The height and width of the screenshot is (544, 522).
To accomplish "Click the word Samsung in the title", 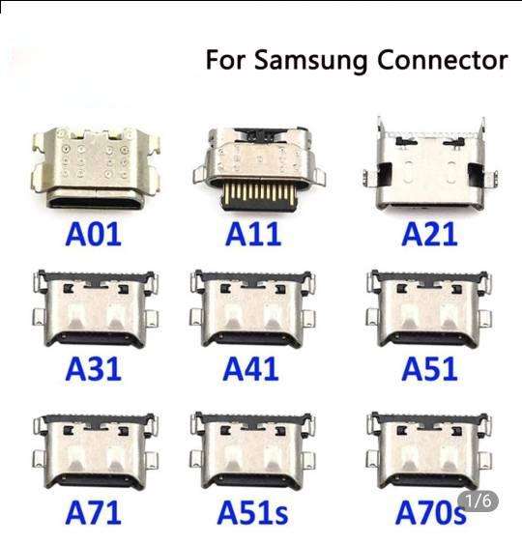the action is click(310, 62).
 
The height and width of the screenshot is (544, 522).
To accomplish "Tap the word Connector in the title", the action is click(443, 60).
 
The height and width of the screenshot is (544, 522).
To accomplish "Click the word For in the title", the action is click(226, 60).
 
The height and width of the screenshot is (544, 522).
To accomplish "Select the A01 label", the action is click(94, 235).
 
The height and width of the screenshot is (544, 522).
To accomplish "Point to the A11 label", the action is click(253, 235).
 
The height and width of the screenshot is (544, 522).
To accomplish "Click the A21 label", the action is click(429, 235).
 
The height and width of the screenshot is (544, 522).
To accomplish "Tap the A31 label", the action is click(94, 369).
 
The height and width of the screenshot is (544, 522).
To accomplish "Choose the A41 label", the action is click(250, 369).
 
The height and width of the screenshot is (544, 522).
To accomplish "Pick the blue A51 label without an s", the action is click(429, 369).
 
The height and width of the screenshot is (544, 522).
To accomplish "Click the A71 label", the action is click(94, 512).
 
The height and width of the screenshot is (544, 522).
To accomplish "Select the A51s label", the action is click(252, 512).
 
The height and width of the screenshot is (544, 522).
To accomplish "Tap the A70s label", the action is click(430, 512).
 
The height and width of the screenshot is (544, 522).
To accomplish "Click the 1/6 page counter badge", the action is click(478, 501).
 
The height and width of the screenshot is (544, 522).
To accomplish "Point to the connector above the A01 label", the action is click(96, 167).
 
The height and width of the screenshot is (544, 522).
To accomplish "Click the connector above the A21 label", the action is click(430, 163).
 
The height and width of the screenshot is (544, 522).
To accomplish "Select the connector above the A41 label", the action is click(252, 309).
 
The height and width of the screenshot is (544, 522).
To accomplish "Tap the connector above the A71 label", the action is click(96, 451).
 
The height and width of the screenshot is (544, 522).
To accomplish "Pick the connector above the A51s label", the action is click(252, 451).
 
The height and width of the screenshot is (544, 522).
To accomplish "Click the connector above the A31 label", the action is click(96, 309).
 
